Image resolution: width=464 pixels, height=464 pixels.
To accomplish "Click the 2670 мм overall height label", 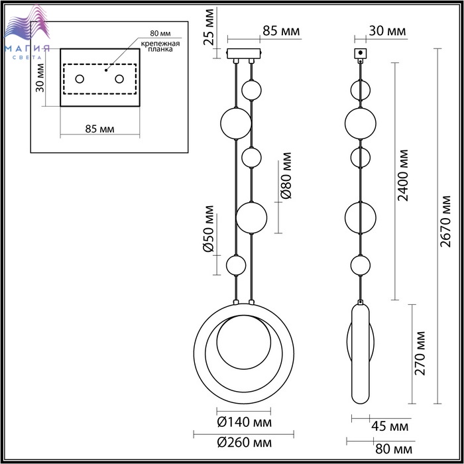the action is click(445, 221).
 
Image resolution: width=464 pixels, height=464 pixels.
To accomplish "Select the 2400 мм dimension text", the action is click(402, 176).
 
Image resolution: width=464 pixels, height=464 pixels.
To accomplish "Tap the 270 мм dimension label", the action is click(420, 353).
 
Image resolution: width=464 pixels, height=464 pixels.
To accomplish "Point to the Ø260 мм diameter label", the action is click(244, 442).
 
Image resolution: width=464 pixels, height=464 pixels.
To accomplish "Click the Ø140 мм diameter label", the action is click(244, 422).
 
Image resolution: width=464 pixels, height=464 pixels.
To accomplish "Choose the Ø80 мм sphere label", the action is click(286, 176).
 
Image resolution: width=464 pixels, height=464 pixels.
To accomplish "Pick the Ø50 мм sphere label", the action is click(209, 229).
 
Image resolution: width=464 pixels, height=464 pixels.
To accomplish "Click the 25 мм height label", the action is click(209, 27).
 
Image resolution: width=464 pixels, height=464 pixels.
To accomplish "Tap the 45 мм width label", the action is click(390, 426).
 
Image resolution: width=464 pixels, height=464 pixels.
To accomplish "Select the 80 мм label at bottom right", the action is click(394, 449).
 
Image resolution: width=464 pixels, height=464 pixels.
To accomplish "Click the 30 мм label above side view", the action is click(387, 30).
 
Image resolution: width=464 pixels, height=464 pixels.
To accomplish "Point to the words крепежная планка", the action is click(160, 46).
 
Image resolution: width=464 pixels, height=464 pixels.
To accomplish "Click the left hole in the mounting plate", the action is click(80, 79).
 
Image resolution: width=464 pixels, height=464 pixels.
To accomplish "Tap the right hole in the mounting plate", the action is click(119, 79).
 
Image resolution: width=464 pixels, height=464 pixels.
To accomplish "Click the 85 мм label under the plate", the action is click(99, 129).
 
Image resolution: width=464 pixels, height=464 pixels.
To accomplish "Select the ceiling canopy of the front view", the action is click(243, 54).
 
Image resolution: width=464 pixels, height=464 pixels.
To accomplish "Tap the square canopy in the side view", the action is click(361, 53).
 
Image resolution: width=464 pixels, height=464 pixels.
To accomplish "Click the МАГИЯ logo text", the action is click(27, 48).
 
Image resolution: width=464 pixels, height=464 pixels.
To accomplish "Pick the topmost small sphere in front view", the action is click(251, 90).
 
